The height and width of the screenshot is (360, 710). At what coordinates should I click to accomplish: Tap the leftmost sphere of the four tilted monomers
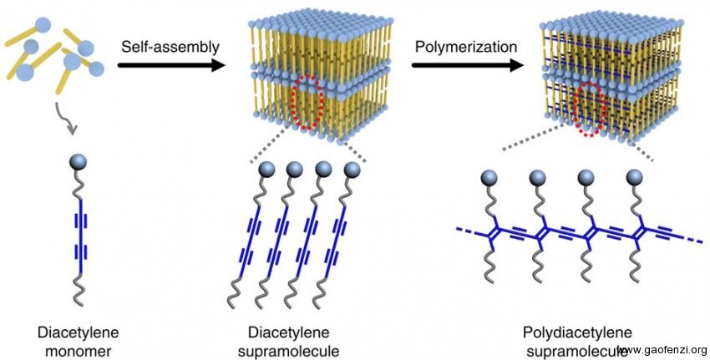268,170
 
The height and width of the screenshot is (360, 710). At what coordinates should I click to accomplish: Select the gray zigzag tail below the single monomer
80,292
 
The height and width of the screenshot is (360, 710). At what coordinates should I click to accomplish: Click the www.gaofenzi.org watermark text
664,349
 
